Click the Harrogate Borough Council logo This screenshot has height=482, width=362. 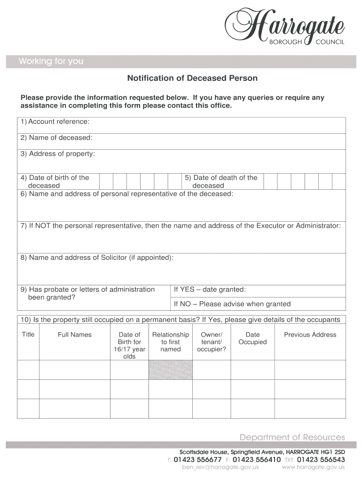285,27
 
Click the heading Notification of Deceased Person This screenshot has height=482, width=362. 192,78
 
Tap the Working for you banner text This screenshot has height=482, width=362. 51,62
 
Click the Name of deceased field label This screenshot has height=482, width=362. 56,138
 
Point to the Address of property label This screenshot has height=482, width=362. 57,154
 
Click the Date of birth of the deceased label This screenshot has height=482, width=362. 55,181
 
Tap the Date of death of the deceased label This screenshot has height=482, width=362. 220,181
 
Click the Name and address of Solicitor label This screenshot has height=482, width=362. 97,257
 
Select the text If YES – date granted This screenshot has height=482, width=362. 210,289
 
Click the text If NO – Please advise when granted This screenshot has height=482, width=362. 232,304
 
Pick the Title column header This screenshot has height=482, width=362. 28,335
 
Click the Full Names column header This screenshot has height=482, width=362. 75,335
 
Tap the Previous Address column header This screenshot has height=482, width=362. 310,335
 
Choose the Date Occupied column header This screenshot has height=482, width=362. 252,338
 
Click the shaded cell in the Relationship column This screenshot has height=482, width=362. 171,370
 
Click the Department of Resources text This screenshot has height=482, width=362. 292,437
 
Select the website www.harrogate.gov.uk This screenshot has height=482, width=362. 313,467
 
